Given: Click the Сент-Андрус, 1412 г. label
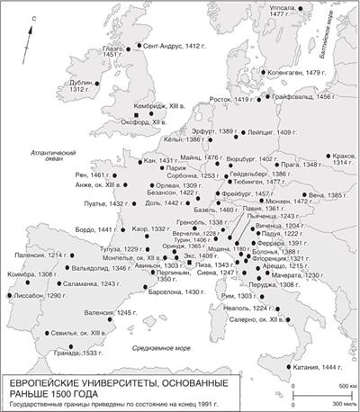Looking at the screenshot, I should tap(173, 45).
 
